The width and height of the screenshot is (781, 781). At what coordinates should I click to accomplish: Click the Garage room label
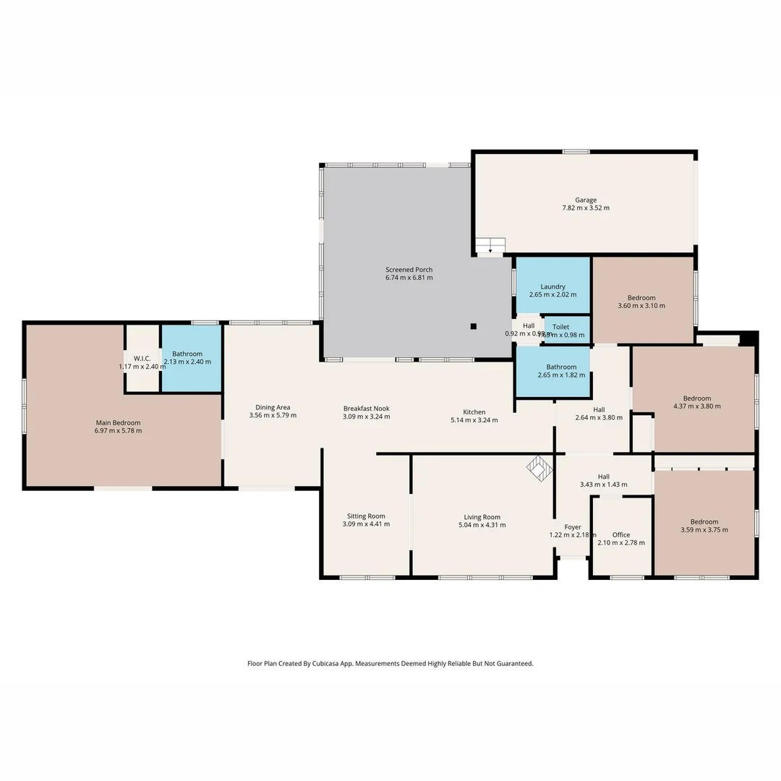pos(586,200)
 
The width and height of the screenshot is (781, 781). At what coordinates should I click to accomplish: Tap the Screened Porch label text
pos(409,270)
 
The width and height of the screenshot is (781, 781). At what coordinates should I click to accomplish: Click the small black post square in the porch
pos(473,326)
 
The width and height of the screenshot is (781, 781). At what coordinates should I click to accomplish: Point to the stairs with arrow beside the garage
pos(490,246)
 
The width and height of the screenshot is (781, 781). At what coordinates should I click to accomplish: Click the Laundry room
pos(552,286)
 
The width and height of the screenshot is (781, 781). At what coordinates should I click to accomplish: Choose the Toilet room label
pos(560,327)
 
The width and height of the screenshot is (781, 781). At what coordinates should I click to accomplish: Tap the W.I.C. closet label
pos(142,358)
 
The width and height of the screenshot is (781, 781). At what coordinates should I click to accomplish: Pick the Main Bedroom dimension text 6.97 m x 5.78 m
pos(119,431)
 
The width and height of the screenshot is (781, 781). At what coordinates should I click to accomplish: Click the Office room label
pos(621,535)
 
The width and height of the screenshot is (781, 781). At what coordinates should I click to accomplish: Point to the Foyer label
pos(573,526)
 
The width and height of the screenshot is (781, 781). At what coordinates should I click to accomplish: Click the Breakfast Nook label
pos(366,409)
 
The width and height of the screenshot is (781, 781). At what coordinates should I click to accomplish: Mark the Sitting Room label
pos(366,516)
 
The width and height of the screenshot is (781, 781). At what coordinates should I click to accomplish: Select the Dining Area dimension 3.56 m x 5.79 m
pos(273,416)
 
